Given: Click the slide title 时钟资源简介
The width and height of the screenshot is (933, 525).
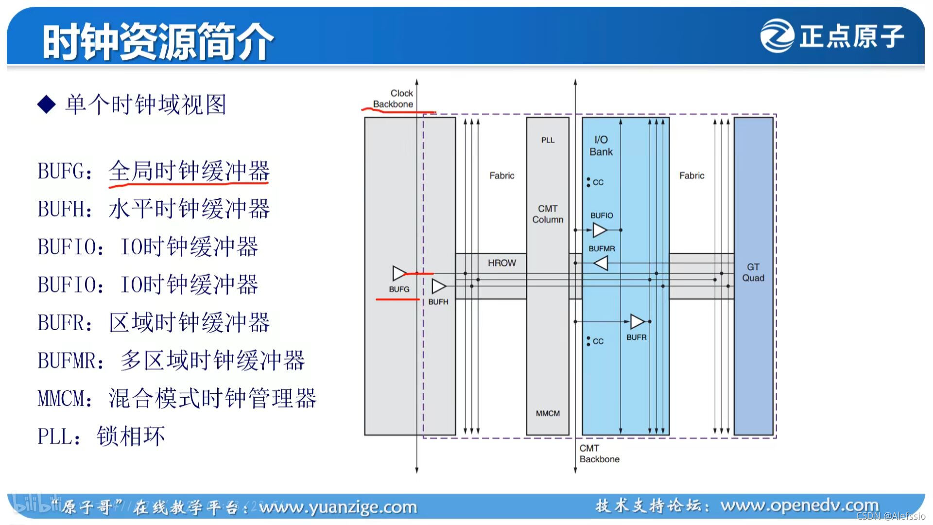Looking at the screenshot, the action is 158,41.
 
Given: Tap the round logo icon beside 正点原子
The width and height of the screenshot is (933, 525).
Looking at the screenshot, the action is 777,35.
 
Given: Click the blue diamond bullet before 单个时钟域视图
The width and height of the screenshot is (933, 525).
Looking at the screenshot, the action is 47,105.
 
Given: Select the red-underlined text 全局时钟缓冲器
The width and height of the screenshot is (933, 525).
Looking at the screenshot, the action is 189,171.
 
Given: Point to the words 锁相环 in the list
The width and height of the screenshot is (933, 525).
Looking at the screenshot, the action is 131,436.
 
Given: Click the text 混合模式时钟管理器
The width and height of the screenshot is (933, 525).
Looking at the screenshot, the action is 212,398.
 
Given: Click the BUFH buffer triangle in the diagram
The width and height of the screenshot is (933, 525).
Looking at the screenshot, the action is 438,286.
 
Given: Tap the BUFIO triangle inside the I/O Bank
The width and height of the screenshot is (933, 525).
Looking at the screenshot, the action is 600,230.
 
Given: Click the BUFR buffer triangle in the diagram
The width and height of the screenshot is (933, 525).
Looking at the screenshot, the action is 637,321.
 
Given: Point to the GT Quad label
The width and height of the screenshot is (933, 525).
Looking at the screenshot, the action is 753,272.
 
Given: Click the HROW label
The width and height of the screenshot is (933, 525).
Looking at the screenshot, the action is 501,263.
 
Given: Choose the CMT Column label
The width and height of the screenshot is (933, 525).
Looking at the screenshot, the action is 548,214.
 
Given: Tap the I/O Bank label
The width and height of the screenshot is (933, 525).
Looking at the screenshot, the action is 601,146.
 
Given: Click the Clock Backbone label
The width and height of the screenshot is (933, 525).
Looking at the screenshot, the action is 394,98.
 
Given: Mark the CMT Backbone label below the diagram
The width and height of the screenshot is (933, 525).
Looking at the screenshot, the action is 599,454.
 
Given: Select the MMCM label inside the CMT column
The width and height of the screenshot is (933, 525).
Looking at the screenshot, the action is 548,413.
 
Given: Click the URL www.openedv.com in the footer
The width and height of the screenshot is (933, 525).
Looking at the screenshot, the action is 799,506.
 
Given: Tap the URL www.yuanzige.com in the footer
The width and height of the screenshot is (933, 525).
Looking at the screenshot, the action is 338,507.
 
